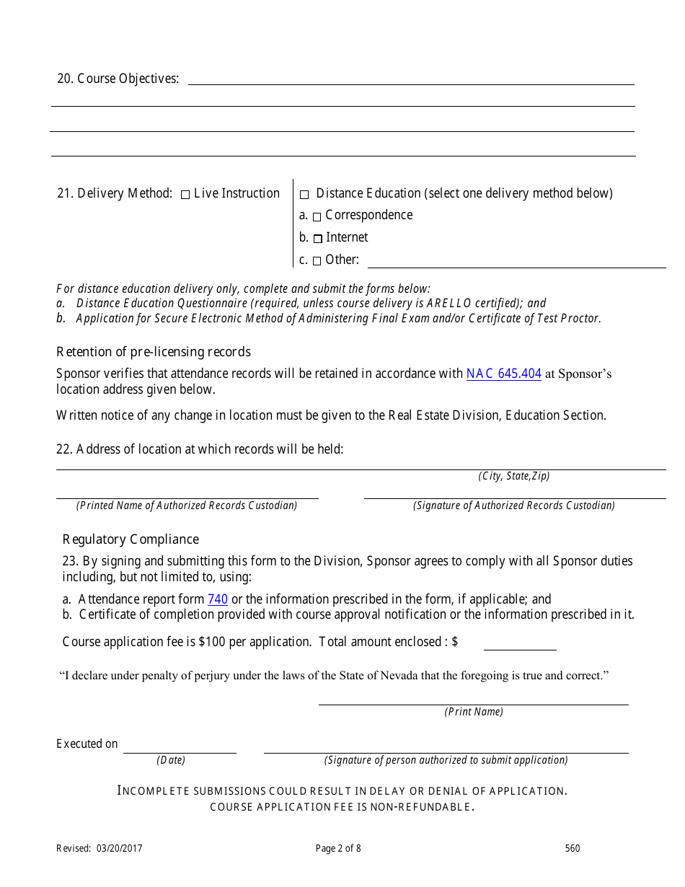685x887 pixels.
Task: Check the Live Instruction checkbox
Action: (x=185, y=195)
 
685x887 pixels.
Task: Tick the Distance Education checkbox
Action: (x=304, y=195)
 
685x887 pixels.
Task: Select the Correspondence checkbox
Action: (x=317, y=217)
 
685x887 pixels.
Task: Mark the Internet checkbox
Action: (x=317, y=239)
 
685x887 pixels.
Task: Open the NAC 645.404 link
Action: (x=503, y=374)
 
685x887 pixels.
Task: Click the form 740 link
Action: (x=218, y=599)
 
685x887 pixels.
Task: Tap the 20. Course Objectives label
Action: (x=118, y=79)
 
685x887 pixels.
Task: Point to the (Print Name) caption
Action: (x=473, y=712)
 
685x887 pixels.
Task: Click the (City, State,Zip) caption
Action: (x=513, y=476)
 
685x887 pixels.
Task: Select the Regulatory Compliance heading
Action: (x=131, y=539)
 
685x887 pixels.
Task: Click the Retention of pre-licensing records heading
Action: (x=154, y=352)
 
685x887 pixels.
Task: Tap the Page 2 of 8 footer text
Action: (x=338, y=848)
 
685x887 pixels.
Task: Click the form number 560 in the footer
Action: (x=573, y=848)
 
